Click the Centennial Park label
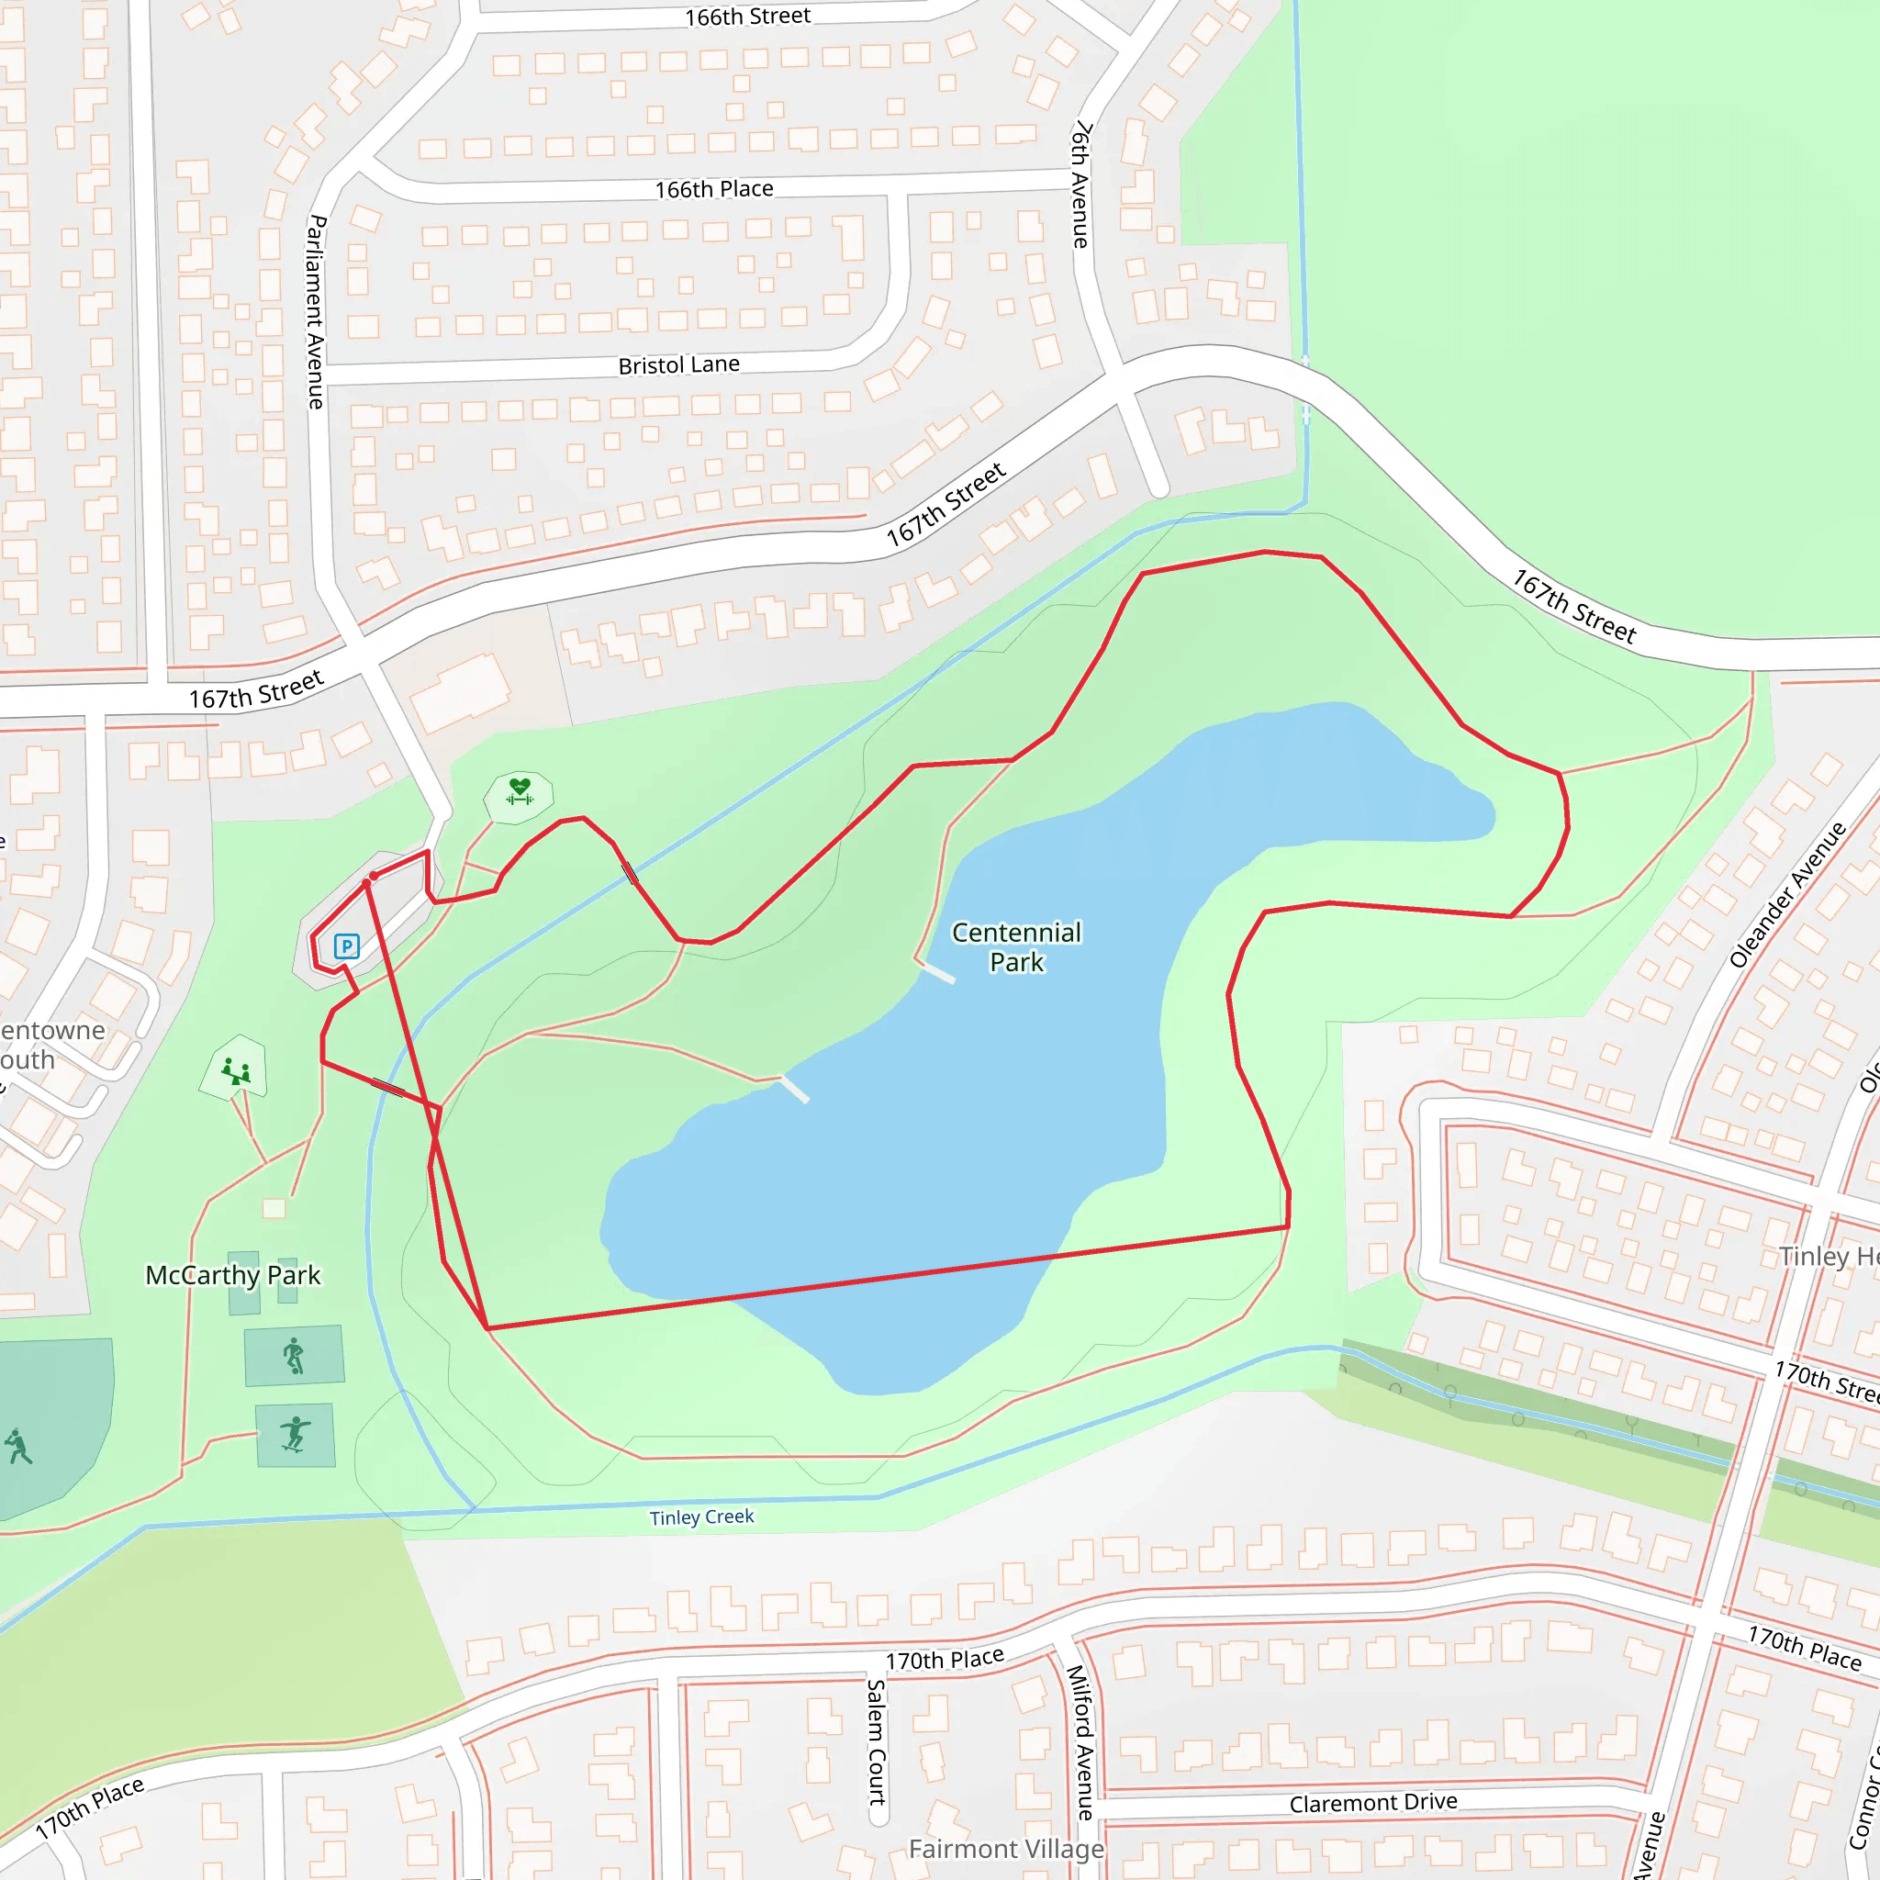(1016, 946)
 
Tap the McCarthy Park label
(232, 1275)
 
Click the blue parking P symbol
(346, 946)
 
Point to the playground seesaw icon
(236, 1071)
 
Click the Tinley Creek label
(701, 1517)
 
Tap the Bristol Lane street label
(679, 365)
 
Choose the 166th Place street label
(714, 189)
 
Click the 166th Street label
(747, 17)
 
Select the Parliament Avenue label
(317, 311)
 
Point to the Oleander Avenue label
(1787, 895)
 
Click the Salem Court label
(876, 1741)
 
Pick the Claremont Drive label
(1373, 1803)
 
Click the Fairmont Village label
(1006, 1849)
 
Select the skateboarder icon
(295, 1436)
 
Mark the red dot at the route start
(374, 876)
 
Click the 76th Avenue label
(1081, 185)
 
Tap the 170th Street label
(1826, 1381)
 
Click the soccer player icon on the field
(17, 1446)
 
